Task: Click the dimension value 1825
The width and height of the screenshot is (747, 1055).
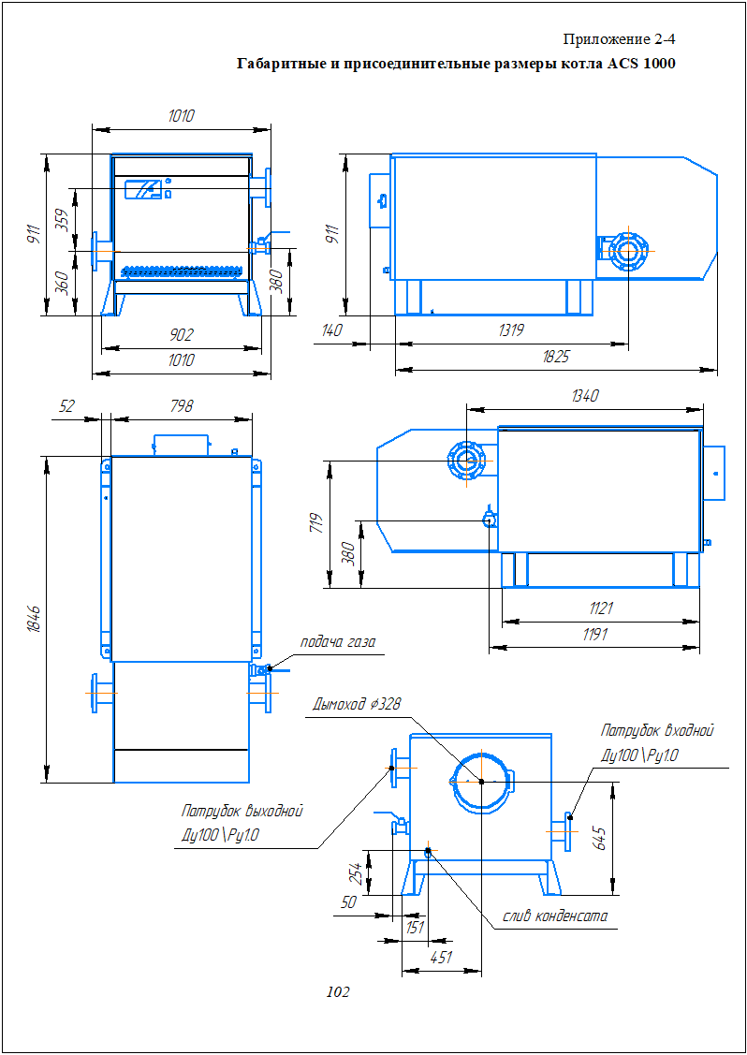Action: pos(555,357)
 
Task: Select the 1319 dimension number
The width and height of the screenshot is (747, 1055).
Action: pos(511,330)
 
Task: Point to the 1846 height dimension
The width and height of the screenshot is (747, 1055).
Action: pos(35,620)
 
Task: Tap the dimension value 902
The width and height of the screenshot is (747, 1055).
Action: pos(181,335)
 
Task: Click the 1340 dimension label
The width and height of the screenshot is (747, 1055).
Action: pos(584,396)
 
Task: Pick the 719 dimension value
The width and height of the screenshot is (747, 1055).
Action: pos(315,523)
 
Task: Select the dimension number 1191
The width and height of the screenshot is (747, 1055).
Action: pos(593,634)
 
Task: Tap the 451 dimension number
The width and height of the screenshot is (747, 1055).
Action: pos(441,958)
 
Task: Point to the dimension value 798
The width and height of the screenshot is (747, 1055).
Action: pos(182,406)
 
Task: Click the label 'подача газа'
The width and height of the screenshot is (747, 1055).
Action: pos(337,642)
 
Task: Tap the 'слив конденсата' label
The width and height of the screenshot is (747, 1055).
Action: pos(555,916)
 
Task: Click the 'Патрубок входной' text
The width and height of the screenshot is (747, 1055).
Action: pos(657,731)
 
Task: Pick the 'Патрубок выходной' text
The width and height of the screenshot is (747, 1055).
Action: pos(242,811)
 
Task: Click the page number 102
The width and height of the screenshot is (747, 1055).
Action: pos(337,992)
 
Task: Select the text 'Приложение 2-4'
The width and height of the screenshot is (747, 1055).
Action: pos(619,39)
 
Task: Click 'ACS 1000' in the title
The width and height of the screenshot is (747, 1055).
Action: pos(640,65)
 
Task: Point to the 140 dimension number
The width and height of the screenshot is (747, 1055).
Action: pos(330,330)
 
